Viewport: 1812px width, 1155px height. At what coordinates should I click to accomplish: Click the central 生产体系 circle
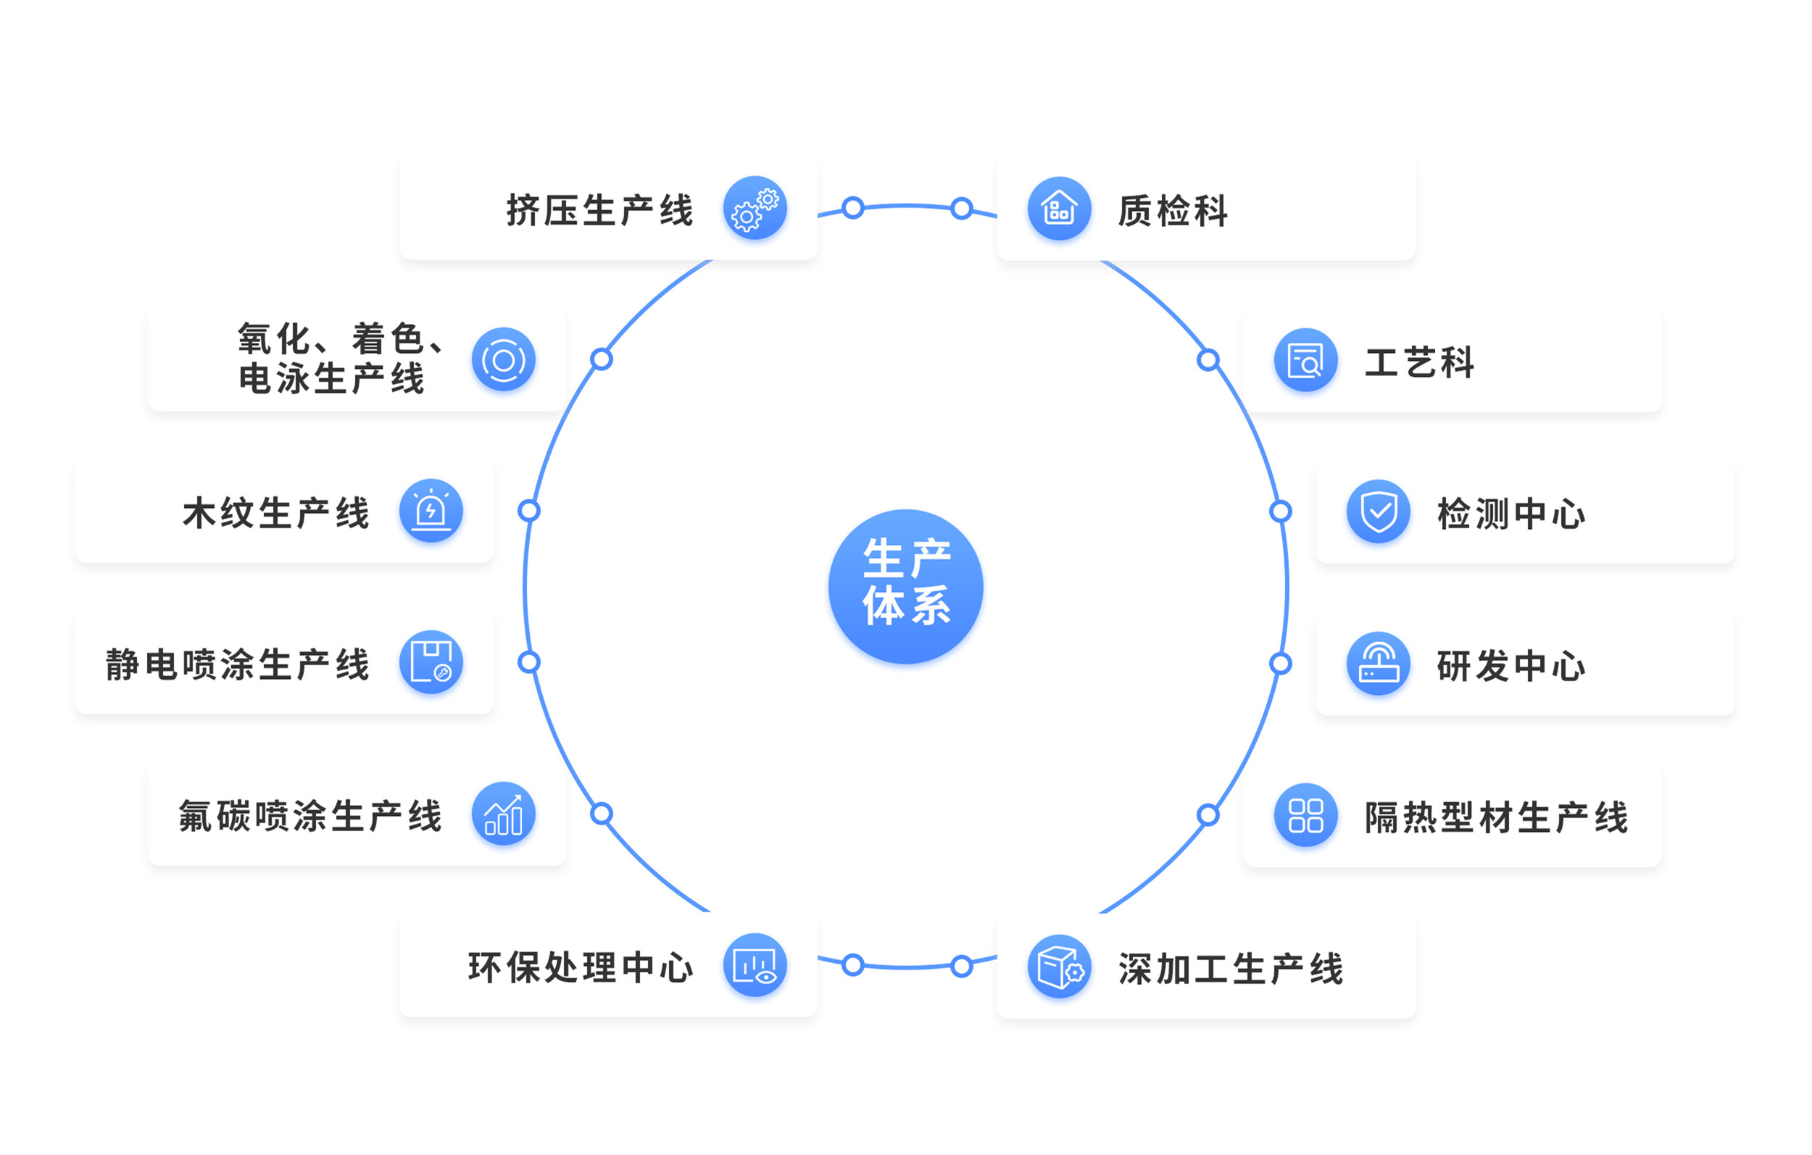905,586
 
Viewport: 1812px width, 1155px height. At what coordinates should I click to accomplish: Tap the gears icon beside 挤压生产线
755,209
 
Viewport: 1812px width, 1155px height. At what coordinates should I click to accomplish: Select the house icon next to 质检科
1059,209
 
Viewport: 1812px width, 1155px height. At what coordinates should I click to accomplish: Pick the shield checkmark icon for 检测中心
1378,512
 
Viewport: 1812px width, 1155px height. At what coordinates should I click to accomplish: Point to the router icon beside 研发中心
1378,664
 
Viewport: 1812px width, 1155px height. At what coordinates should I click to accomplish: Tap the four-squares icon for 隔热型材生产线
1305,815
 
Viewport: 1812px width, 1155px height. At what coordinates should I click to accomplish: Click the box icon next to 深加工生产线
1059,966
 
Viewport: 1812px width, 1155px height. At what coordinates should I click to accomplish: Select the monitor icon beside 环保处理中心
755,965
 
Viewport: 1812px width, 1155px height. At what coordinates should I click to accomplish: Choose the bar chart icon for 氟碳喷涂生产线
504,814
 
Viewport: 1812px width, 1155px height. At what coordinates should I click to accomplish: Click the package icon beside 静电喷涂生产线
431,662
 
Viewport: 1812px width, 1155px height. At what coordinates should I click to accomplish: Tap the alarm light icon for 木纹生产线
431,511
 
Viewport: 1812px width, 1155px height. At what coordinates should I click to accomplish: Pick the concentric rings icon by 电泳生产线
504,359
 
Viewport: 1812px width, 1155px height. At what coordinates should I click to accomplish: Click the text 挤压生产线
599,210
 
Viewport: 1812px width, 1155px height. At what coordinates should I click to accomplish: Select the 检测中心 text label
1511,514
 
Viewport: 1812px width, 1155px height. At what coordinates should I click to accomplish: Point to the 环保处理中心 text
580,967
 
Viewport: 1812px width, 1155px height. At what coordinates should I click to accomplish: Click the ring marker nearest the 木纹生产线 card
529,511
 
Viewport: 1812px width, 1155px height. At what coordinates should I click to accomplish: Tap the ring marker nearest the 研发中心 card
1281,664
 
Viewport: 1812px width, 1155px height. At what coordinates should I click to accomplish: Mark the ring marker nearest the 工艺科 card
1208,360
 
